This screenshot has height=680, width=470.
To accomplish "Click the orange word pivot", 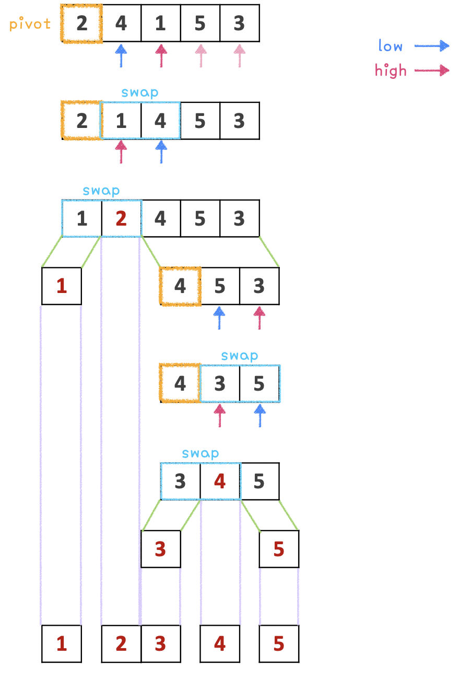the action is (x=30, y=25).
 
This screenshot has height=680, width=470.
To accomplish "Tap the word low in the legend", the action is (x=391, y=46).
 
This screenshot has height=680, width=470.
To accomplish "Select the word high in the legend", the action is (x=391, y=71).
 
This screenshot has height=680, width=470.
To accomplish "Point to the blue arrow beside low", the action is (x=432, y=46).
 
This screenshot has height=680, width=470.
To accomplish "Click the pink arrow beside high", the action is (x=432, y=70).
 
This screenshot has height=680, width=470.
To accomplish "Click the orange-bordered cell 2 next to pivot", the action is (x=81, y=24).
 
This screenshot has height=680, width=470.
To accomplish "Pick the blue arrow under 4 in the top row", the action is (x=121, y=55).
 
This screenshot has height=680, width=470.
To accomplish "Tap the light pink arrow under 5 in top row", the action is (x=200, y=55).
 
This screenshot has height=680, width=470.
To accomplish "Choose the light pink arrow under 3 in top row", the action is (x=239, y=55).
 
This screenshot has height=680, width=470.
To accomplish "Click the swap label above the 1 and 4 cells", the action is (x=140, y=93).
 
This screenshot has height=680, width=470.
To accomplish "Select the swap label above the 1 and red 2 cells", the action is (x=101, y=191).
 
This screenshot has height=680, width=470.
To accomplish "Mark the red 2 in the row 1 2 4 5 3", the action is (x=121, y=218).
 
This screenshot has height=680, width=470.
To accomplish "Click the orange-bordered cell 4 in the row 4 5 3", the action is (x=180, y=286).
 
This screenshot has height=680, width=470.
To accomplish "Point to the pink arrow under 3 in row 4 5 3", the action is (x=259, y=318).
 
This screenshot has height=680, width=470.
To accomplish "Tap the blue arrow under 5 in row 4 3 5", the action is (x=259, y=415).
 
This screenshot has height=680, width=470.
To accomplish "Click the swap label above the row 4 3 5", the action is (x=240, y=356).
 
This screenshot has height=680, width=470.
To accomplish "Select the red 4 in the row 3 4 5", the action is (x=220, y=482).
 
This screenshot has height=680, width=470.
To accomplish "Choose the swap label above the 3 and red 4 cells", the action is (x=201, y=453).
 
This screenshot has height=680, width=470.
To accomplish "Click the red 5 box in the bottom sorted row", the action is (x=279, y=644).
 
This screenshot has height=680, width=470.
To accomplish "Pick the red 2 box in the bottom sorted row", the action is (x=121, y=644).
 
